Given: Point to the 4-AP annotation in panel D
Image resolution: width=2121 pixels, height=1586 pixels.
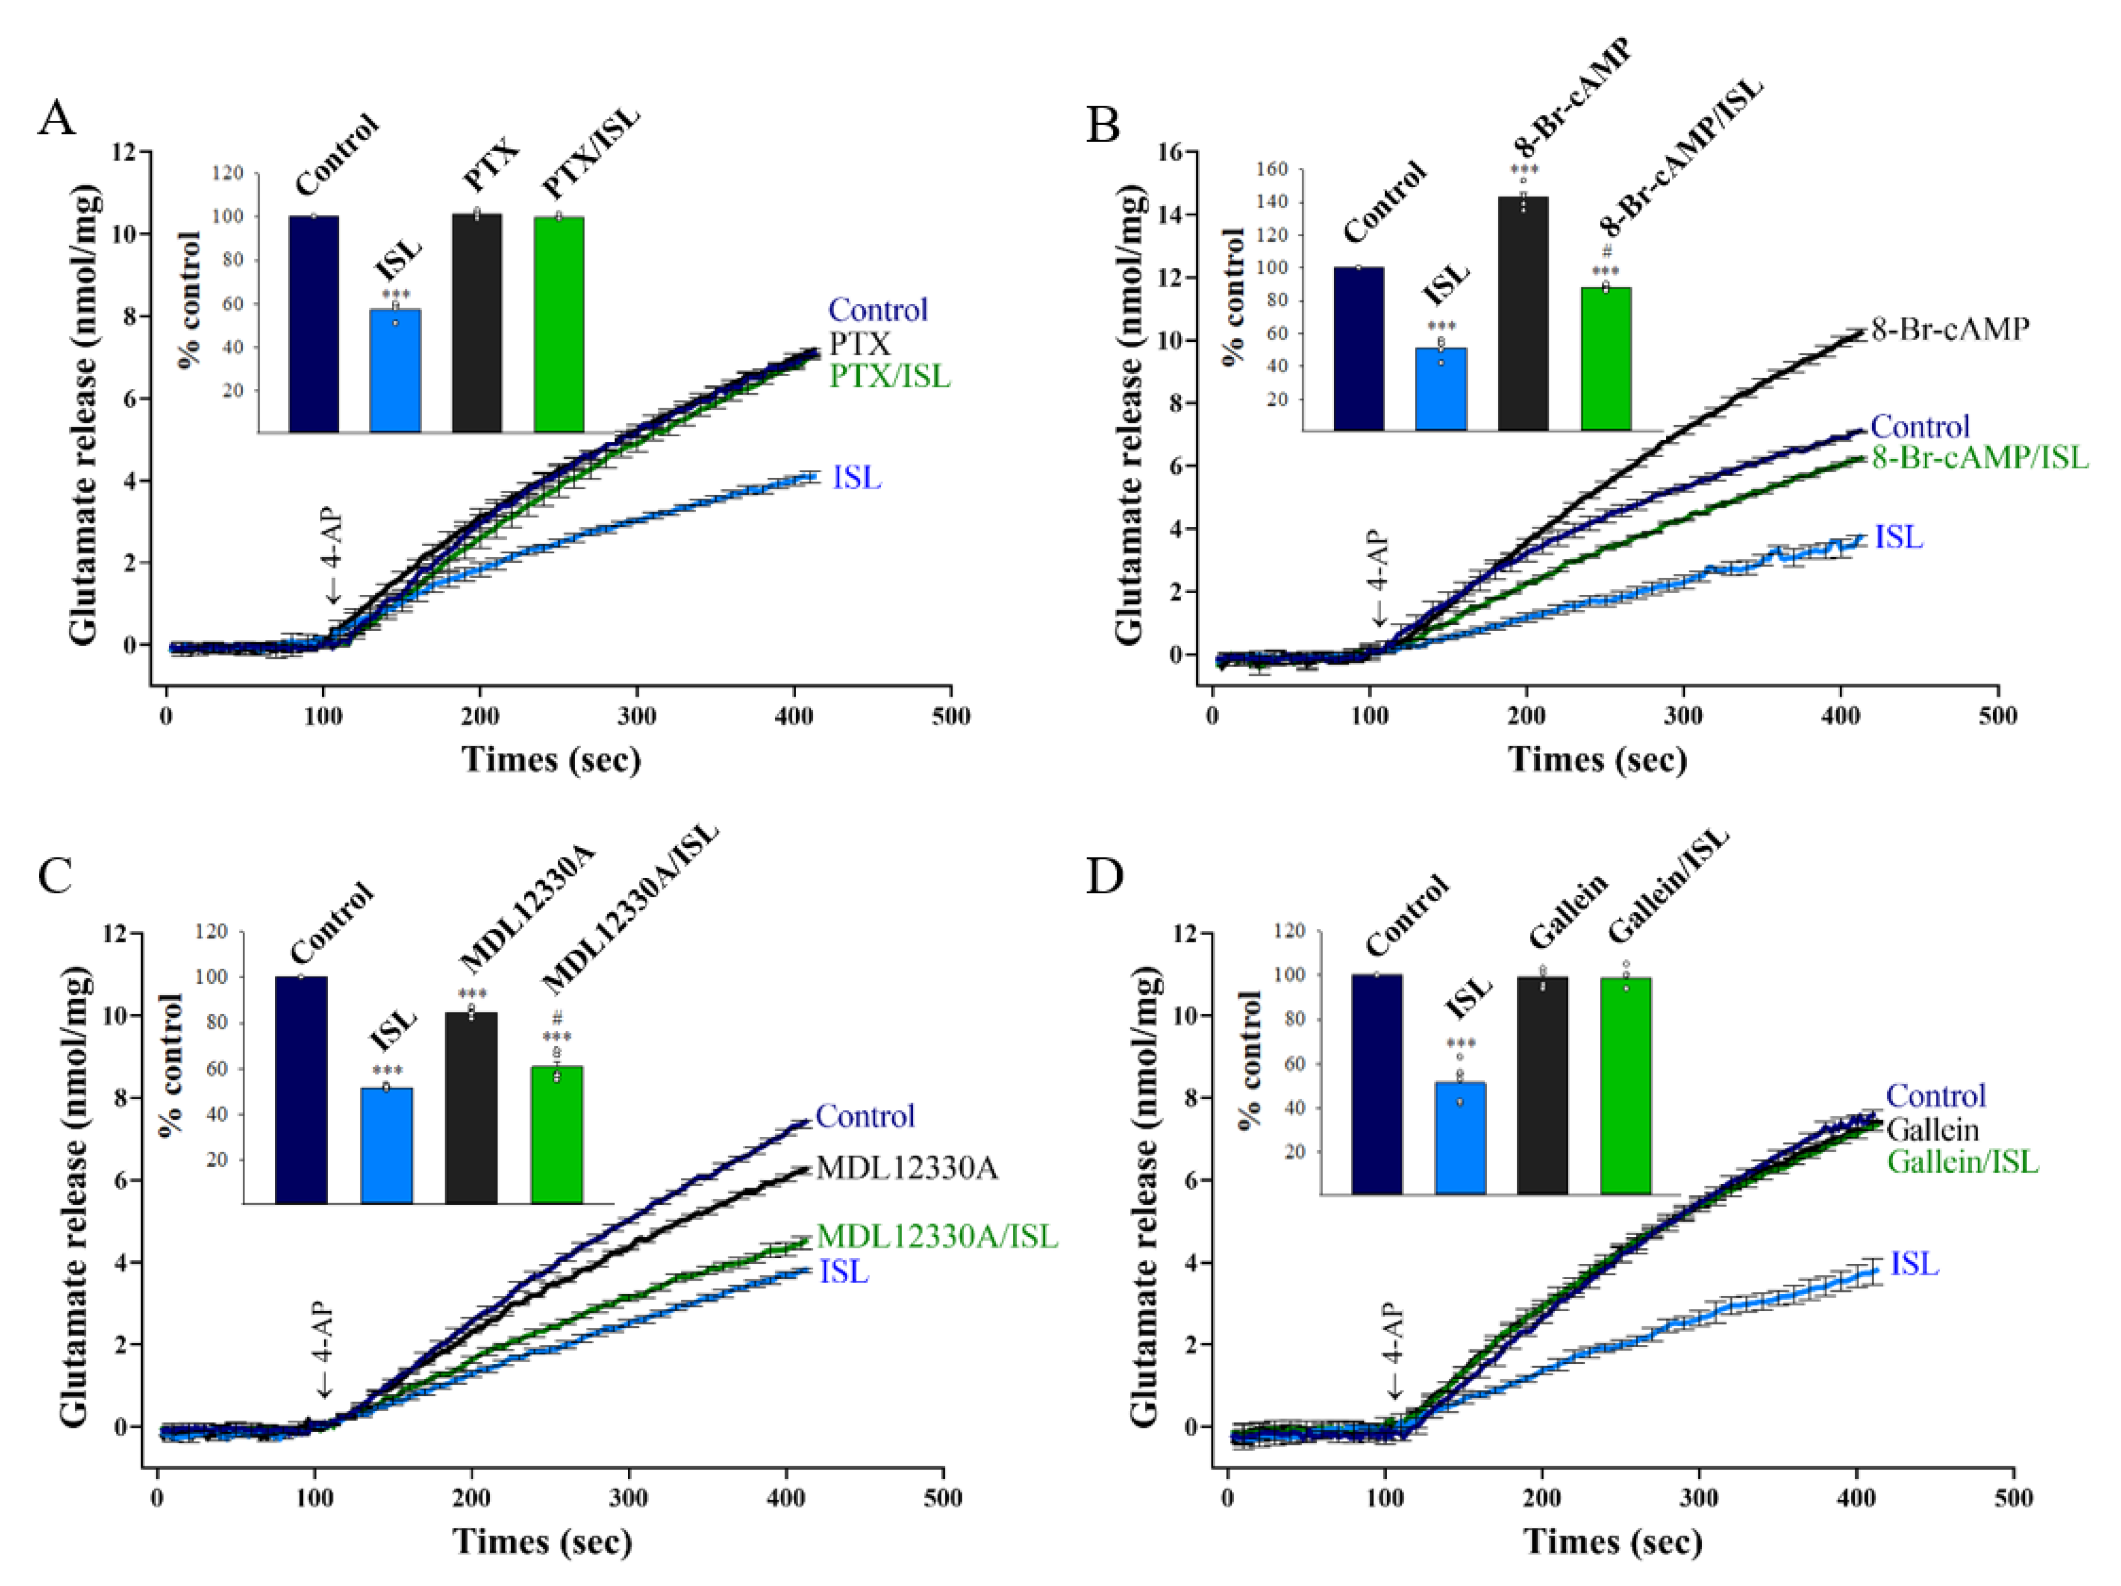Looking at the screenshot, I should pyautogui.click(x=1393, y=1349).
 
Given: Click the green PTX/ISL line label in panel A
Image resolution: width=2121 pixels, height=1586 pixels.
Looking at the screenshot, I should pyautogui.click(x=890, y=376).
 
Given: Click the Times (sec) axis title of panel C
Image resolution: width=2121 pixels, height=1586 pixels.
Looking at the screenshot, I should pyautogui.click(x=542, y=1542).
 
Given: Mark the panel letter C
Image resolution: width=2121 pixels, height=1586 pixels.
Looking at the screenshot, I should pyautogui.click(x=55, y=875).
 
